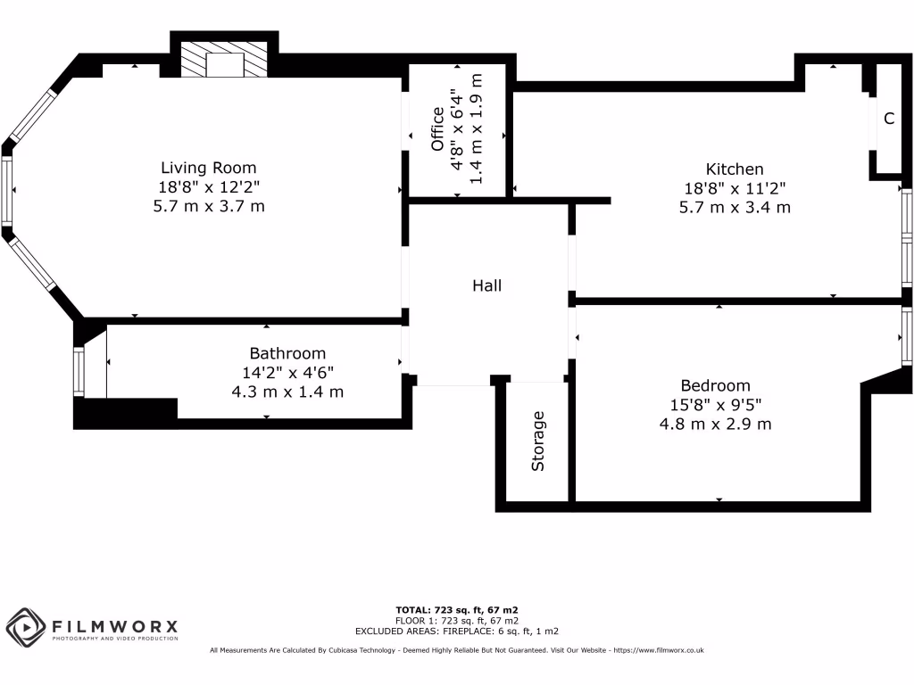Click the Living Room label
[208, 168]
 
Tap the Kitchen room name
[735, 169]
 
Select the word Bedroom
[715, 385]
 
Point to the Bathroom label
[287, 353]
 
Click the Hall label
[486, 285]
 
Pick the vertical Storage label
[537, 441]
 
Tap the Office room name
[437, 129]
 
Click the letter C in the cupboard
[889, 119]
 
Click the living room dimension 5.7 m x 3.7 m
[208, 206]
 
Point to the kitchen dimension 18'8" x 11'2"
[735, 188]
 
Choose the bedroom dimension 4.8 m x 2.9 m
[715, 424]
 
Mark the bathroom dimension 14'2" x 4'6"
[287, 373]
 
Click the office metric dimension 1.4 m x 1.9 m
[476, 129]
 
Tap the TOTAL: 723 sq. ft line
[457, 610]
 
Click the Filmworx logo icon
[25, 627]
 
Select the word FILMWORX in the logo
[114, 626]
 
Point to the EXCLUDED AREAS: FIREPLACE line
[457, 631]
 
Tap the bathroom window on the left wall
[79, 373]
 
